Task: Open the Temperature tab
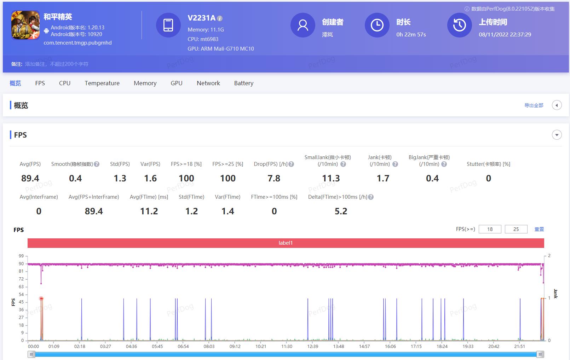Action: [x=102, y=83]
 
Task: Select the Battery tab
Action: [x=243, y=83]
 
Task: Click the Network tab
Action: [x=208, y=83]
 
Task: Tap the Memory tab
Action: [x=145, y=83]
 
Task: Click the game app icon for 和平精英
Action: [x=25, y=25]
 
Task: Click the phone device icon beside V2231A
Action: [x=168, y=25]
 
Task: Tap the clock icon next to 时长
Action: [x=377, y=25]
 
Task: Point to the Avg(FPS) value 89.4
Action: [x=30, y=178]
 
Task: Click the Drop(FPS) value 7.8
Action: [x=274, y=178]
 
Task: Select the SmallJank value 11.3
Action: [x=331, y=178]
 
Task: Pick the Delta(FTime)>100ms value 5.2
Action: [x=341, y=211]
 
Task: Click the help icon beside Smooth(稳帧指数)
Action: [x=97, y=164]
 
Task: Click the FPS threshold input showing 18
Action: [x=490, y=229]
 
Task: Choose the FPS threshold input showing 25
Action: [x=516, y=229]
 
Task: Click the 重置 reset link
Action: [x=539, y=229]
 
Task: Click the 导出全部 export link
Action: [x=534, y=105]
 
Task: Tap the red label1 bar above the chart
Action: [x=286, y=243]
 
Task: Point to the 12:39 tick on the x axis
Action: [x=312, y=346]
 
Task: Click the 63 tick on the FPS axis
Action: [x=21, y=286]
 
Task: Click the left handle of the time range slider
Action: [x=31, y=354]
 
